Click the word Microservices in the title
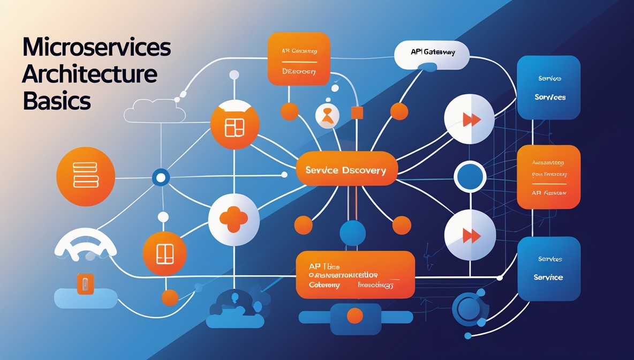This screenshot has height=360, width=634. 96,48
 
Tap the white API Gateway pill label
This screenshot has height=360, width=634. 432,54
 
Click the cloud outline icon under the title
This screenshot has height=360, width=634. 155,112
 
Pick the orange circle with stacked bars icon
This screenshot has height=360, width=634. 86,176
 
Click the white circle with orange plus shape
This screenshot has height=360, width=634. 235,219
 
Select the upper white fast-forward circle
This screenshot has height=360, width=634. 470,119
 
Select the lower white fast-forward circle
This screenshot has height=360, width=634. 470,235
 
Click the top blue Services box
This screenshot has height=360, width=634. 549,87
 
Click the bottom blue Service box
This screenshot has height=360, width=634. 549,268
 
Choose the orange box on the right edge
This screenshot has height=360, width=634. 549,177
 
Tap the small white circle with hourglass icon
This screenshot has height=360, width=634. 328,116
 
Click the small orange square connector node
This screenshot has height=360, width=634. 357,112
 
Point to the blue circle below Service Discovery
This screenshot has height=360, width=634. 352,233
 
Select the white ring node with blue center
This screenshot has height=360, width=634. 470,176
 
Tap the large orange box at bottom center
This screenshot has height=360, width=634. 355,274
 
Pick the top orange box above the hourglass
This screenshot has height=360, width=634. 299,59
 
